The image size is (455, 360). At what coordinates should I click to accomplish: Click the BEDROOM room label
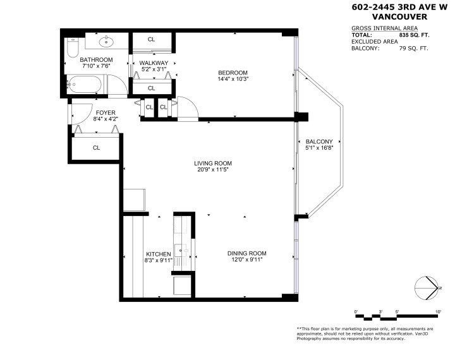[x=233, y=73]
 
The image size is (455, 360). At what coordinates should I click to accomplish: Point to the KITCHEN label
[x=158, y=254]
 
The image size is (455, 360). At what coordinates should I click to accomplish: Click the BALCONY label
[x=318, y=141]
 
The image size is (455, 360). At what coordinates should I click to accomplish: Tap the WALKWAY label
[x=154, y=63]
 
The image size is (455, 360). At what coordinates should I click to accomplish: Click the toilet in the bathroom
[x=71, y=49]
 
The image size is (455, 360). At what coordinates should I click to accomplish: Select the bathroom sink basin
[x=106, y=43]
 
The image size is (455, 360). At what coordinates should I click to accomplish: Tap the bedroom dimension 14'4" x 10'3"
[x=233, y=80]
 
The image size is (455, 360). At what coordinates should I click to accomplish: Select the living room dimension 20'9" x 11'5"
[x=210, y=169]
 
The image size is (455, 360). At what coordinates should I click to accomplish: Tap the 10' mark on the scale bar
[x=438, y=311]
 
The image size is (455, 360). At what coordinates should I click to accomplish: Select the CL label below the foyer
[x=97, y=148]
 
